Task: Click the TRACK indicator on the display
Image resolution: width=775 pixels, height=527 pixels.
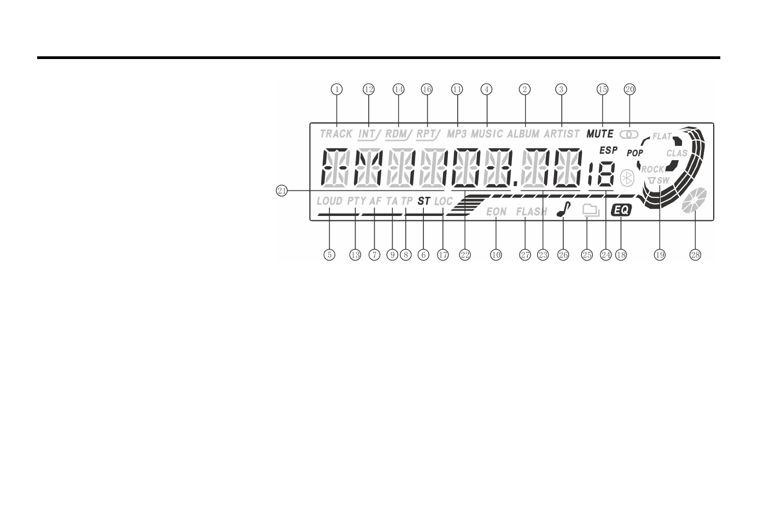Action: pos(336,134)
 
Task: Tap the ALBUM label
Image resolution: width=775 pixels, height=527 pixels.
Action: pos(523,134)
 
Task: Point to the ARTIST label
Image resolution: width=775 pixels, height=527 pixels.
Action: pos(561,134)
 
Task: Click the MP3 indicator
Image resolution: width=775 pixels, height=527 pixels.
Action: pos(457,134)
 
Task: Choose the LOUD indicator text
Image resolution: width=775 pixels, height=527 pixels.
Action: pos(329,201)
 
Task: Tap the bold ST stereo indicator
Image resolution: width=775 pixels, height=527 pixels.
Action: pos(424,201)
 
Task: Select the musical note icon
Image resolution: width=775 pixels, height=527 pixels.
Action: pos(561,210)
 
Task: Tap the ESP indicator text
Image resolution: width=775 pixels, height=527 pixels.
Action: pos(608,150)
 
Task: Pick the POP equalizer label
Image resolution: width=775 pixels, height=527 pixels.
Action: pos(635,154)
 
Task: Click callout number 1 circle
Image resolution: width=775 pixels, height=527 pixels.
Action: pos(337,89)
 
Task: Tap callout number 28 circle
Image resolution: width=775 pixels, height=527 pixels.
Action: pos(695,255)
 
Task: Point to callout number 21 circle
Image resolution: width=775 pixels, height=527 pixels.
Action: pos(282,190)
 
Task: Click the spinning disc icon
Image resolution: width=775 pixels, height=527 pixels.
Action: pos(695,200)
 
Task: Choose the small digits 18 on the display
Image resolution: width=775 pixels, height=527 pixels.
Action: pos(601,175)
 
